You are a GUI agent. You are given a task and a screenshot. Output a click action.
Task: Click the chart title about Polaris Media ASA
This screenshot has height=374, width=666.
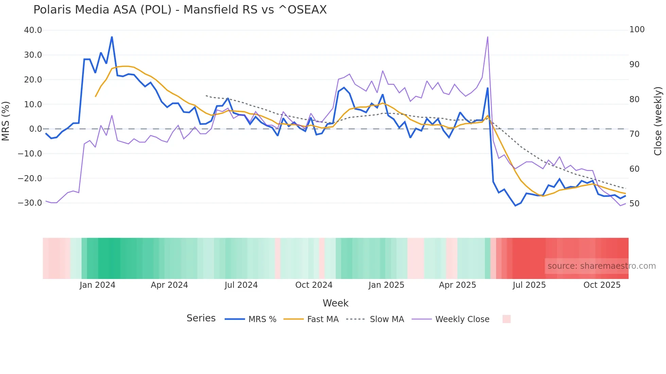pos(180,10)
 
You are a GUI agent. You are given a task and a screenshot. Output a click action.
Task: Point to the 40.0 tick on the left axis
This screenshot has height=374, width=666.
pos(33,30)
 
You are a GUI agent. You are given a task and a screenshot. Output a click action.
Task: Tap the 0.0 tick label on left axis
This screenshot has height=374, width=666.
pos(35,129)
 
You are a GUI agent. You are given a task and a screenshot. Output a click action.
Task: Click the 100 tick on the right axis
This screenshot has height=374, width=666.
pos(637,30)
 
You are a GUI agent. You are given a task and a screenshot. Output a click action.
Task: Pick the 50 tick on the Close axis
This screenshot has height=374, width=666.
pos(634,204)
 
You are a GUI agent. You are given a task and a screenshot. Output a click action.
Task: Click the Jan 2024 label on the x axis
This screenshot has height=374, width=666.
pos(98,285)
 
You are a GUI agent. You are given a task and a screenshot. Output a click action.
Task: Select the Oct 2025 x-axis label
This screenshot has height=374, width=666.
pos(602,285)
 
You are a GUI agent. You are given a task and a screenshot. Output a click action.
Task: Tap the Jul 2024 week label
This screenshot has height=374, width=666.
pos(241,285)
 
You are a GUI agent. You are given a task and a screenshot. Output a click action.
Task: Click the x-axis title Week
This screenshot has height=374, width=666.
pos(335,303)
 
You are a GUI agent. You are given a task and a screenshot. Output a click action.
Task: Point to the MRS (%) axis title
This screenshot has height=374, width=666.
pos(6,121)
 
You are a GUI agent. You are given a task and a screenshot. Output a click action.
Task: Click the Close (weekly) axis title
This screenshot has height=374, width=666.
pos(658,121)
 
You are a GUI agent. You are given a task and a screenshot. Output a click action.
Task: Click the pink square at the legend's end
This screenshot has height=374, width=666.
pos(506,319)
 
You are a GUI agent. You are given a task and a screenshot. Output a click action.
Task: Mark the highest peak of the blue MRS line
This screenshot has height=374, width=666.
pos(112,37)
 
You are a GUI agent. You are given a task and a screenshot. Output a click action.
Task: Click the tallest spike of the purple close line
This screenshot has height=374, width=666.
pos(488,37)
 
